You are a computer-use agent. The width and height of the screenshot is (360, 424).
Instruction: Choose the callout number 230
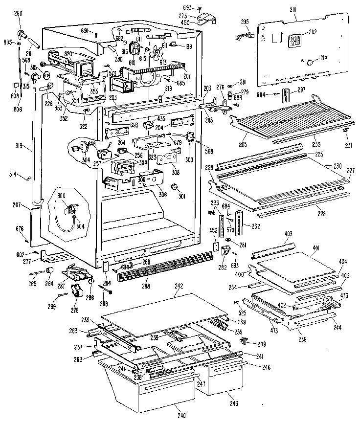tap(338, 166)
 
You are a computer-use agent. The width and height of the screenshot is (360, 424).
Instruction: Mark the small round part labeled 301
tap(173, 187)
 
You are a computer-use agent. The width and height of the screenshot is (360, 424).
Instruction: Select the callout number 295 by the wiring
tap(246, 22)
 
